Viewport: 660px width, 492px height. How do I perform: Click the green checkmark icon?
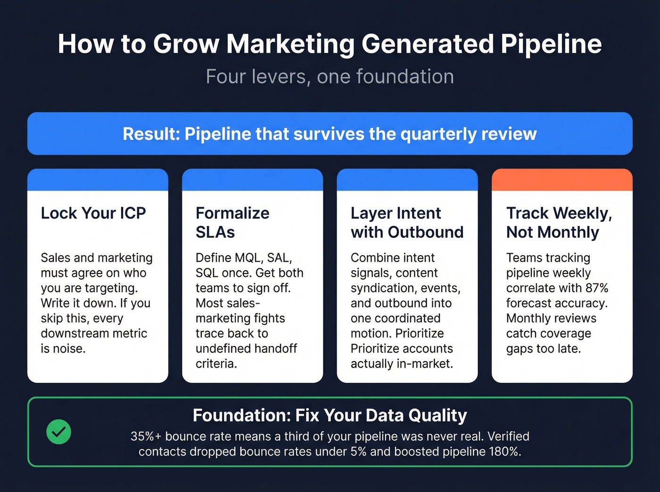pos(59,432)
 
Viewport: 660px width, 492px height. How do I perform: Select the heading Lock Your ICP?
pos(93,213)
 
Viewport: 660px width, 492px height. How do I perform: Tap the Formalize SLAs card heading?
pos(232,222)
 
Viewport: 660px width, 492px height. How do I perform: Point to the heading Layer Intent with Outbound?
pos(407,222)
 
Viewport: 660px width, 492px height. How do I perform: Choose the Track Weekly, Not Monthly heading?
pos(559,222)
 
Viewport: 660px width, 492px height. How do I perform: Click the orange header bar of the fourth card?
pos(562,179)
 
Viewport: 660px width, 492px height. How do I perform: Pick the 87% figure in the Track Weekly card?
pos(597,288)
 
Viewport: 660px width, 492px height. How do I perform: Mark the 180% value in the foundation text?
pos(504,452)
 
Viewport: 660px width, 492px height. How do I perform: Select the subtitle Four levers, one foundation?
pos(330,77)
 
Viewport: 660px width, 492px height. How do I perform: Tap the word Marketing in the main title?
pos(290,44)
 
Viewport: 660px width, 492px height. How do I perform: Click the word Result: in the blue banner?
pos(151,134)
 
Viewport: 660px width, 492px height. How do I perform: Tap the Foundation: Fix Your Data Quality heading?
pos(330,416)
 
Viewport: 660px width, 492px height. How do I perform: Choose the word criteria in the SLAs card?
pos(215,364)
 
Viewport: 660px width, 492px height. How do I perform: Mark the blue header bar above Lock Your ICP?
pos(98,179)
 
